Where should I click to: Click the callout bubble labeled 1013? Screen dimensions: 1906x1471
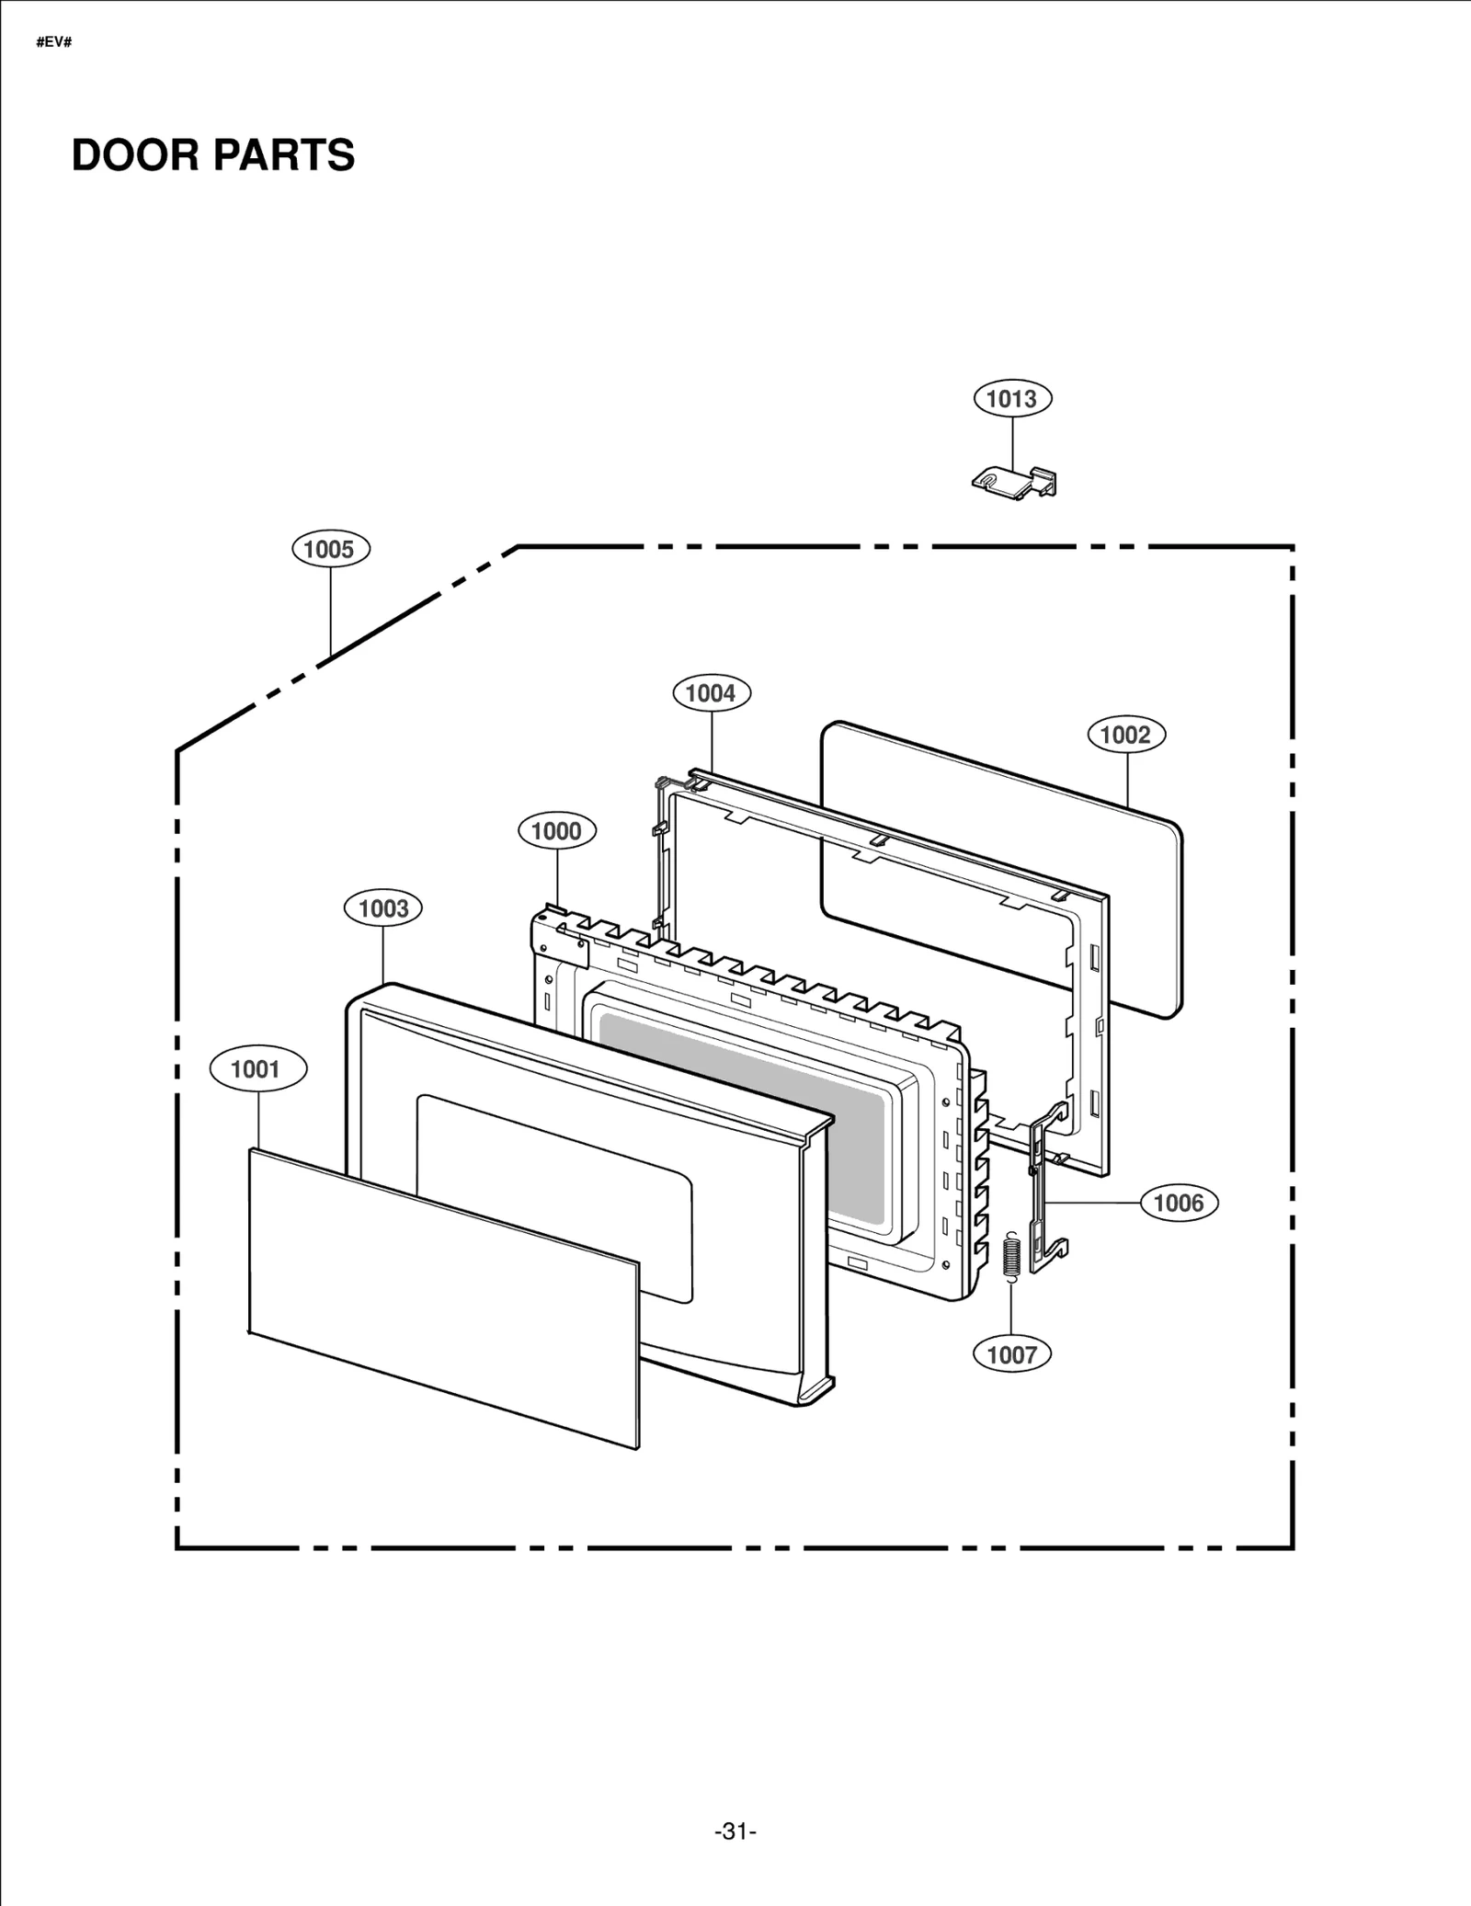(1012, 399)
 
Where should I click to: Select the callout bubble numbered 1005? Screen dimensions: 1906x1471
(330, 550)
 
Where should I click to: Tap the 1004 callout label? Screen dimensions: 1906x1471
(712, 693)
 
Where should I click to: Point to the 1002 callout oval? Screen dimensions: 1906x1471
(1126, 735)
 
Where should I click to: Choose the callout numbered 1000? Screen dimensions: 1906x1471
(556, 831)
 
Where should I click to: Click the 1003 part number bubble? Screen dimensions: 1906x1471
(383, 908)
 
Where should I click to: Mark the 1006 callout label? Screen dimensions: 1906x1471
(1179, 1203)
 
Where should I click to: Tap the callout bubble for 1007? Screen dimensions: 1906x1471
(1012, 1354)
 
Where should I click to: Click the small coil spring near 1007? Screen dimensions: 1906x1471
(1010, 1255)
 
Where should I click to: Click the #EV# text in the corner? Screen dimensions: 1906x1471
(54, 43)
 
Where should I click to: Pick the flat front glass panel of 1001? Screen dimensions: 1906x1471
(441, 1296)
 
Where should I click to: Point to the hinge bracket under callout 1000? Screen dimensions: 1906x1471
(561, 938)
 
